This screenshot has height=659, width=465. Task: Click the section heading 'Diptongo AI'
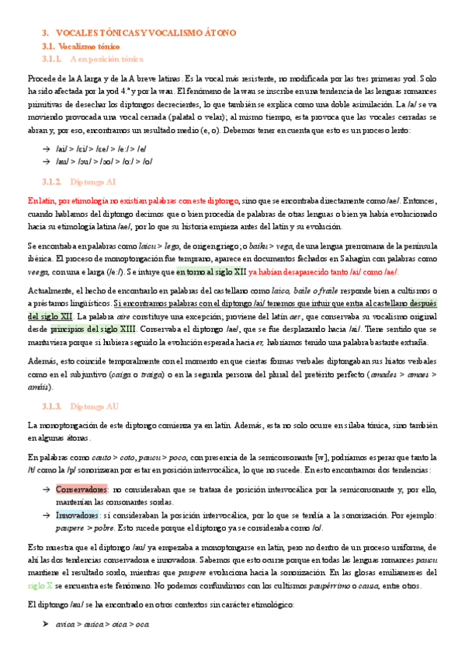pyautogui.click(x=92, y=180)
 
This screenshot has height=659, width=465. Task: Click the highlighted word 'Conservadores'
pyautogui.click(x=81, y=490)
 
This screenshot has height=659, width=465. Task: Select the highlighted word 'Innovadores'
pyautogui.click(x=77, y=515)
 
